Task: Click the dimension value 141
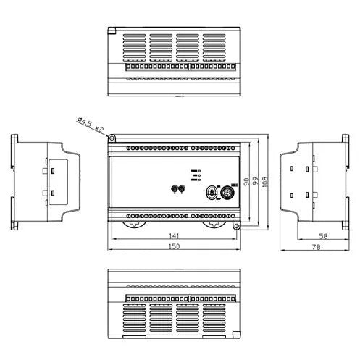click(172, 236)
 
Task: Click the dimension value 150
click(173, 247)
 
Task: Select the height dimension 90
click(246, 182)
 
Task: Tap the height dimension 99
click(255, 182)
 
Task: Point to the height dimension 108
click(265, 182)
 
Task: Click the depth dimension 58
click(324, 236)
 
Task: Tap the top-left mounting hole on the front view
click(112, 135)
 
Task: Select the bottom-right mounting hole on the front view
click(236, 226)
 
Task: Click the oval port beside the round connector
click(212, 193)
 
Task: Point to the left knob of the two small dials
click(174, 189)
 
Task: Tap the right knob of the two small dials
click(183, 189)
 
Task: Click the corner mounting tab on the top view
click(112, 30)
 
